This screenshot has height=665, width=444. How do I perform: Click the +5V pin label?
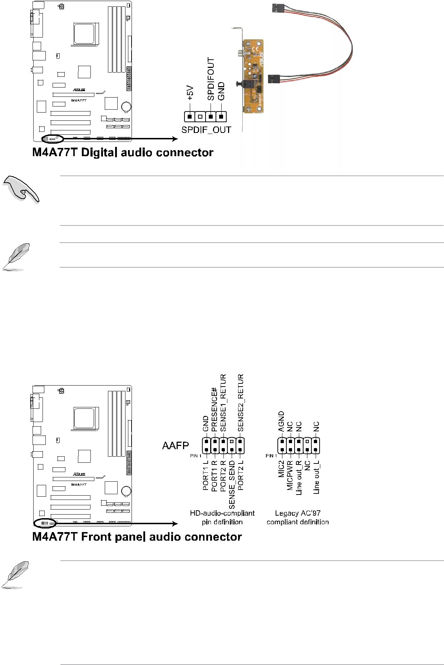tap(190, 93)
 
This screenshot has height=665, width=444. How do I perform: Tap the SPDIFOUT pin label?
tap(211, 79)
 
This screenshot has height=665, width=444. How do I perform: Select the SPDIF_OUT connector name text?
tap(206, 130)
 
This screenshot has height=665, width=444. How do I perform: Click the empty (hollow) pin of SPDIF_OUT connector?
tap(200, 116)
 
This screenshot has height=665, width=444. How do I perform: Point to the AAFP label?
tap(175, 446)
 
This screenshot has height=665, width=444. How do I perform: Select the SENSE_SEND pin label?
tap(232, 485)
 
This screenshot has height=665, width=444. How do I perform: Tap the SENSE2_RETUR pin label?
tap(241, 403)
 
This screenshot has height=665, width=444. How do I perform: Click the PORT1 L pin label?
tap(206, 475)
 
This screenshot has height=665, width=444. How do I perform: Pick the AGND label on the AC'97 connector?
tap(281, 421)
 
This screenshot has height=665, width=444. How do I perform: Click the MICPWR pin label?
tap(290, 475)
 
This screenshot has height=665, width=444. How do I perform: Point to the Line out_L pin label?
tap(316, 477)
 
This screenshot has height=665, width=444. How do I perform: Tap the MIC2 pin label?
tap(281, 469)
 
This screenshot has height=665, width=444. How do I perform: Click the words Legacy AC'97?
tap(297, 513)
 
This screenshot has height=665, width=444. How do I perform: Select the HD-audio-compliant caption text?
tap(222, 513)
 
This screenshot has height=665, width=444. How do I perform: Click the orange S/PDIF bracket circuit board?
tap(253, 76)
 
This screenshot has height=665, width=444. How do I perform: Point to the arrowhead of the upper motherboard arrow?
tap(175, 139)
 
